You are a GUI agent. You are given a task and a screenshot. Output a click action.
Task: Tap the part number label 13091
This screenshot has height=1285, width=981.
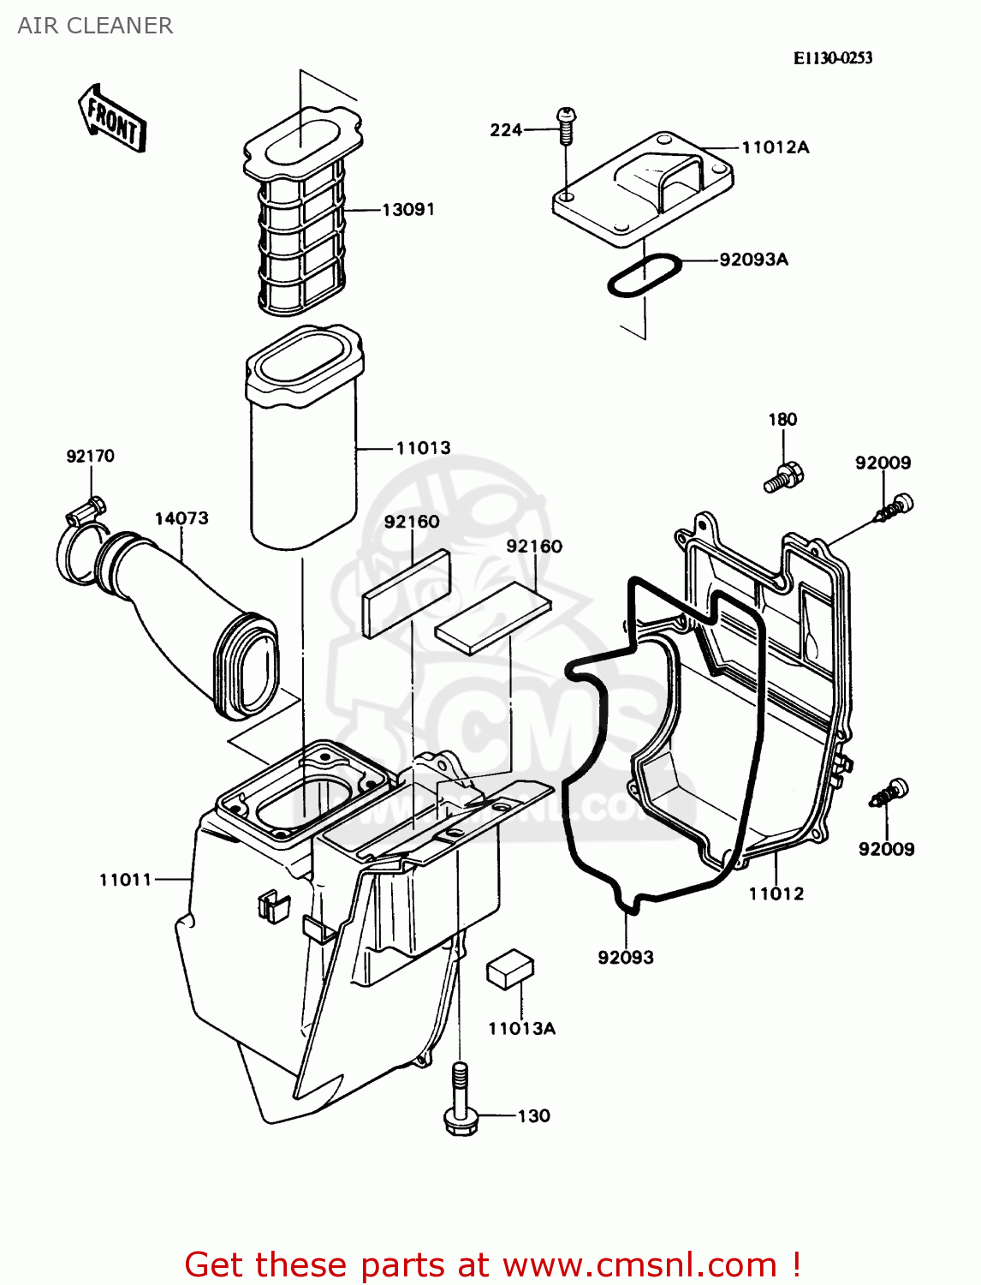click(x=408, y=209)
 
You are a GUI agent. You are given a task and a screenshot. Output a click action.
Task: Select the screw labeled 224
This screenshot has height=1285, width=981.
click(x=566, y=127)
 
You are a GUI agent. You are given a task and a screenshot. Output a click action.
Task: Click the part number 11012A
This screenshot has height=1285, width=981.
click(x=775, y=147)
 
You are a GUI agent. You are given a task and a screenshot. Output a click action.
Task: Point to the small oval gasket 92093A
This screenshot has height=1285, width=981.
click(x=644, y=276)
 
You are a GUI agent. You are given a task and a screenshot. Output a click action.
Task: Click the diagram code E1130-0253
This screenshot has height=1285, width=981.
click(x=833, y=57)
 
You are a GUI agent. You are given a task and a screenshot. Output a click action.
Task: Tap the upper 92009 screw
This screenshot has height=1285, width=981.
click(x=894, y=507)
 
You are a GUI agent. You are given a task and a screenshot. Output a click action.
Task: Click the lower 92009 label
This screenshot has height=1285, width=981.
click(x=886, y=849)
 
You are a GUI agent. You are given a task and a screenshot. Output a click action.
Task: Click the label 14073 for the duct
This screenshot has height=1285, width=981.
click(x=181, y=518)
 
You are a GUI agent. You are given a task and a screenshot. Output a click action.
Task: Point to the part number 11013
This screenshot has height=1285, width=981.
click(x=423, y=447)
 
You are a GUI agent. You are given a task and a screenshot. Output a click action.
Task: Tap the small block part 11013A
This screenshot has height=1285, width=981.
click(x=510, y=969)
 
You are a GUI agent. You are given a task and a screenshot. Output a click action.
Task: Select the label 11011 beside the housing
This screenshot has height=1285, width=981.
click(x=126, y=879)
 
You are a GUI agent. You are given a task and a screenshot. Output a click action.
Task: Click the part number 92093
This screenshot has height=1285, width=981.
click(x=626, y=957)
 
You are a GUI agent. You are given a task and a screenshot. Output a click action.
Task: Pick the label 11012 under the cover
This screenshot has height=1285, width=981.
click(x=776, y=894)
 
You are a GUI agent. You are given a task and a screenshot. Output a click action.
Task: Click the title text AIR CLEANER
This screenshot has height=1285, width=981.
click(x=95, y=26)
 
